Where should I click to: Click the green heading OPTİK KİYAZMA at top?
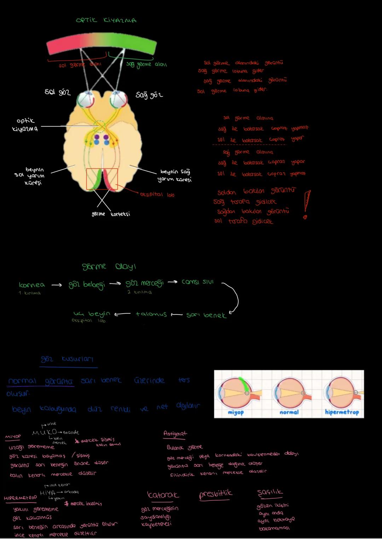point(106,20)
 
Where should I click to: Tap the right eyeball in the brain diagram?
point(118,99)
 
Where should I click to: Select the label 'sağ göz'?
point(149,95)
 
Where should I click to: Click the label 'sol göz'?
point(58,92)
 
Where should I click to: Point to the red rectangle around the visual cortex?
point(102,179)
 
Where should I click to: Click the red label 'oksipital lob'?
point(157,194)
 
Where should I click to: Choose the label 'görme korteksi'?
point(111,214)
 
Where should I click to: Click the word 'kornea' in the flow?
point(32,285)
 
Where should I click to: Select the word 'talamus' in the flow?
point(151,314)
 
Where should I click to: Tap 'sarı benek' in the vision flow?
point(206,315)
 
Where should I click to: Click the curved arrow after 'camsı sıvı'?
point(232,297)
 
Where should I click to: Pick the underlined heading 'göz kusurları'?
point(67,359)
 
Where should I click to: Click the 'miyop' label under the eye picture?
point(236,413)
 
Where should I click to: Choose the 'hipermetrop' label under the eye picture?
point(342,412)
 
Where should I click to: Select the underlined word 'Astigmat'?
point(175,433)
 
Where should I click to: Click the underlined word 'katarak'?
point(163,495)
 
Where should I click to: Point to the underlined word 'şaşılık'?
point(270,492)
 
